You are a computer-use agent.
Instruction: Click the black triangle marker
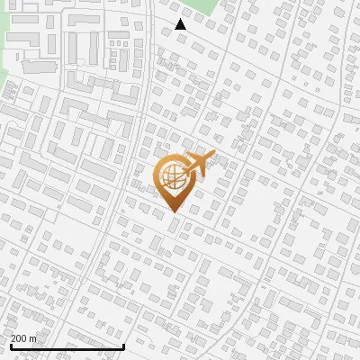[x=180, y=24]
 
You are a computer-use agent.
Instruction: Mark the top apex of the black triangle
[x=180, y=19]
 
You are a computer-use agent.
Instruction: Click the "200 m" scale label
[x=24, y=338]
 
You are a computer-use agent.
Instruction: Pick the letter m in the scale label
[x=33, y=338]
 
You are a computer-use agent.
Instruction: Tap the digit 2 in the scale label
[x=13, y=338]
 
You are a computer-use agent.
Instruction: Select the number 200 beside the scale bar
[x=20, y=338]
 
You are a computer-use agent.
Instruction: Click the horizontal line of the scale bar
[x=67, y=346]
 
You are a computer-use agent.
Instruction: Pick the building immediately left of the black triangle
[x=166, y=31]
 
